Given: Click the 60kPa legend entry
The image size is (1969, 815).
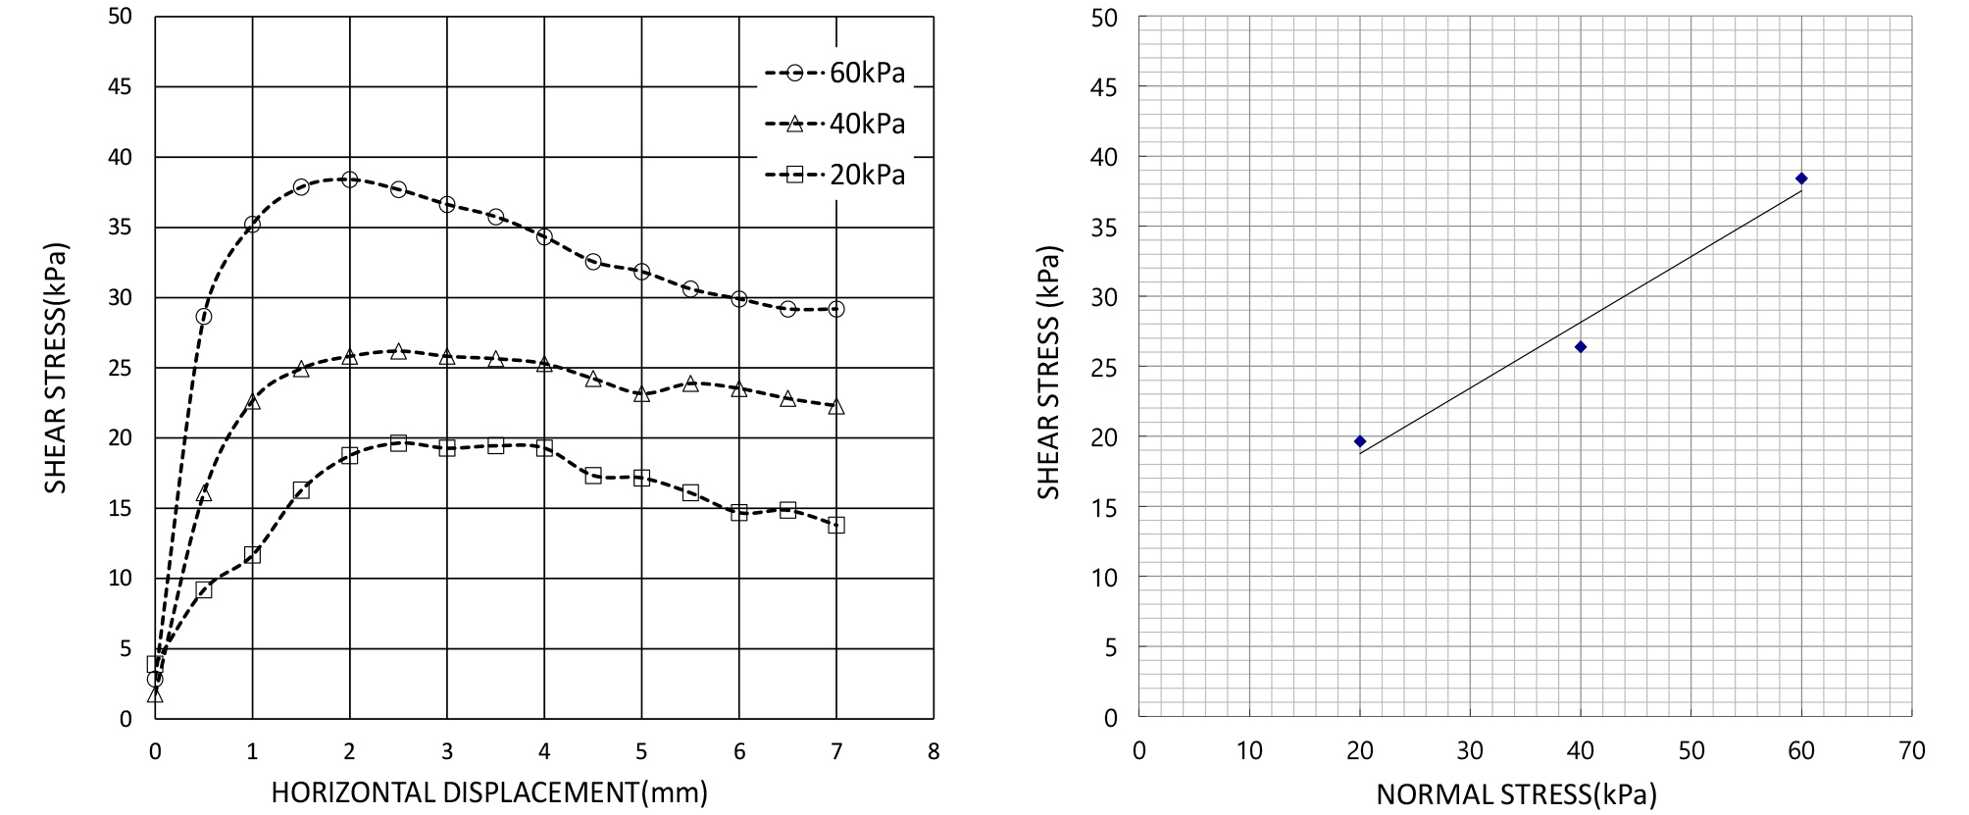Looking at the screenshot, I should [835, 73].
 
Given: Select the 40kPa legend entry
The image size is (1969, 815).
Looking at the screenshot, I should [835, 124].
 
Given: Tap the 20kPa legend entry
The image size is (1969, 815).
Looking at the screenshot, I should [835, 175].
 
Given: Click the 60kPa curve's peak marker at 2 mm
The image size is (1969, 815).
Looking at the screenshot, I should [349, 179].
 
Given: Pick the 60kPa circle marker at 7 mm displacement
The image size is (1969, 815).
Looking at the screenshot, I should [836, 309].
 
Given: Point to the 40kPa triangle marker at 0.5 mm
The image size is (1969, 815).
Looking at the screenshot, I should [204, 493].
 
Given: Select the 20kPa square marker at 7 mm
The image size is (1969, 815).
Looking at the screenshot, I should [836, 525].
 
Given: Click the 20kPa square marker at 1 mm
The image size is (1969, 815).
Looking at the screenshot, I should [252, 554].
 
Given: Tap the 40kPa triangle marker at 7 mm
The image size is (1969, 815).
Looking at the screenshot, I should [836, 406].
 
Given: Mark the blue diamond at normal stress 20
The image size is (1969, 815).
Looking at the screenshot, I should [1360, 441].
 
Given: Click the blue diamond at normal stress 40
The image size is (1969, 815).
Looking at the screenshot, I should [1581, 347].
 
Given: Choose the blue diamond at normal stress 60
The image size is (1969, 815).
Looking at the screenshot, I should [1801, 178].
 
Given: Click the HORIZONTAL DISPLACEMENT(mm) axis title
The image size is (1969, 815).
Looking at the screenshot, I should [489, 792].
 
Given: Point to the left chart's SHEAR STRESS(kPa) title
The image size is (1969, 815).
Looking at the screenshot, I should [56, 368].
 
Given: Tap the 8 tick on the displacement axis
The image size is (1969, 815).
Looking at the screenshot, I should [934, 751].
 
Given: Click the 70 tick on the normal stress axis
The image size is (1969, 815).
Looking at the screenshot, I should [1912, 751].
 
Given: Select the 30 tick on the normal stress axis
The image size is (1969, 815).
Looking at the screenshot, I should [1470, 751].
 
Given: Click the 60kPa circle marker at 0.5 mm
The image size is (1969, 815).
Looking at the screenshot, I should [204, 316].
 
